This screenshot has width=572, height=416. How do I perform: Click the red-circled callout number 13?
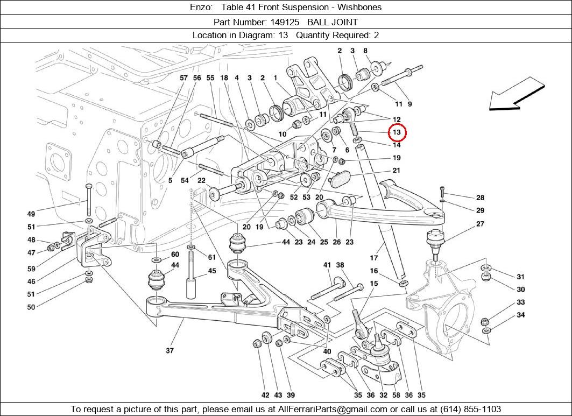tap(397, 132)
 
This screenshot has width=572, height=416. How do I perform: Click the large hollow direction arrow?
tap(517, 94)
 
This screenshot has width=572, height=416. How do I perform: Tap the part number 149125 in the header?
tap(285, 22)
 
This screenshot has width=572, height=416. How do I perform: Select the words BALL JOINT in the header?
tap(333, 22)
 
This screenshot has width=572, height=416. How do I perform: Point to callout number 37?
tap(170, 350)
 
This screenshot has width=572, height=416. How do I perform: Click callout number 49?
tap(31, 214)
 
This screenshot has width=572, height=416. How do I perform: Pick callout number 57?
tap(183, 77)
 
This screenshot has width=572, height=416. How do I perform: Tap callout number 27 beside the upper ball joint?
tap(480, 224)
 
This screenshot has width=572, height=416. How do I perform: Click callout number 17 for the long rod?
tap(374, 258)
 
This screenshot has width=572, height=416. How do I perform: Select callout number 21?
tap(397, 170)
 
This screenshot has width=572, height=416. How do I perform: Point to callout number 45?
tap(212, 271)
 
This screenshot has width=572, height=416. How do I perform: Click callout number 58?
tap(396, 395)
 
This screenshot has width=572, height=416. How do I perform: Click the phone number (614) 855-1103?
tap(471, 408)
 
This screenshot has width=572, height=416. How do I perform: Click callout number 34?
tap(520, 314)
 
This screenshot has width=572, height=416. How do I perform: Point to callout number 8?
tap(365, 51)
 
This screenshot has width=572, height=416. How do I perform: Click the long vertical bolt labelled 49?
tap(88, 200)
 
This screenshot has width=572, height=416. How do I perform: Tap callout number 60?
tap(175, 255)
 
